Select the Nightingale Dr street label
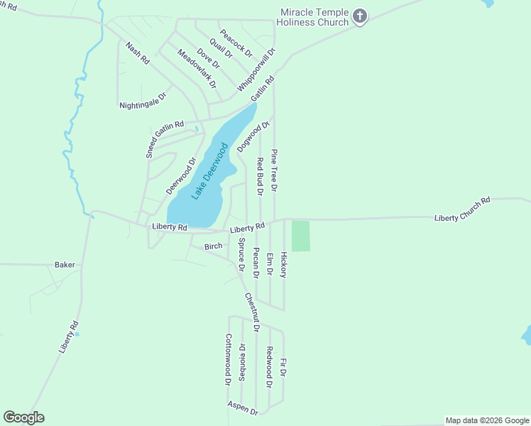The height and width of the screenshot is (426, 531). pyautogui.click(x=143, y=100)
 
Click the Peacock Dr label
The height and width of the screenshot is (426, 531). pyautogui.click(x=236, y=43)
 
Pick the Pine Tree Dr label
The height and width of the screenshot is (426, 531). pyautogui.click(x=275, y=170)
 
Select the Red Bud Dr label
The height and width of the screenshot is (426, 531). pyautogui.click(x=261, y=176)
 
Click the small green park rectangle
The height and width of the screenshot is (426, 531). pyautogui.click(x=301, y=236)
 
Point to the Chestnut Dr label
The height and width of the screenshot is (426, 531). pyautogui.click(x=252, y=312)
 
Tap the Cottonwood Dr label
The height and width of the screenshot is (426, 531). pyautogui.click(x=229, y=359)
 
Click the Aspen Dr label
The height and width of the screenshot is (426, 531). pyautogui.click(x=243, y=408)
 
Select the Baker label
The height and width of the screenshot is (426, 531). pyautogui.click(x=65, y=265)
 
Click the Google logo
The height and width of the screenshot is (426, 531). pyautogui.click(x=23, y=417)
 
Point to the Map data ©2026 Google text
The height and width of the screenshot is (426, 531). pyautogui.click(x=487, y=420)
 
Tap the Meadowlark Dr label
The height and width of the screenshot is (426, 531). pyautogui.click(x=197, y=68)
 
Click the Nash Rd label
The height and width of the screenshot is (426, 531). pyautogui.click(x=137, y=55)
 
